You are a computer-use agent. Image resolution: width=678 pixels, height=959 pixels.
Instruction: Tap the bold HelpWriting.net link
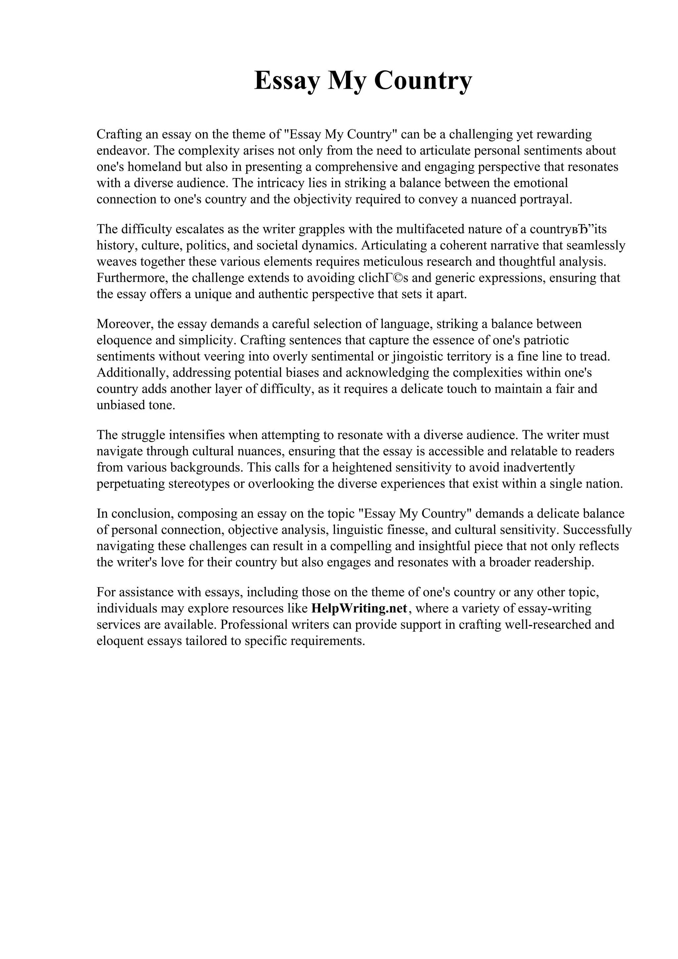(359, 609)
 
